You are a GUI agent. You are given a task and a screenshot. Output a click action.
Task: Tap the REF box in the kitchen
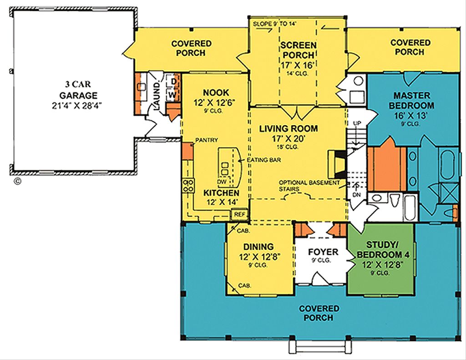[238, 214]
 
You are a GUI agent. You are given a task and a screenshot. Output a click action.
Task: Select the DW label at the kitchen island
[222, 181]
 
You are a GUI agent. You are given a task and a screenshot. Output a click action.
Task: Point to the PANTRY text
[206, 140]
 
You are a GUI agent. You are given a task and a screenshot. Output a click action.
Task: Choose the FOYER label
[323, 252]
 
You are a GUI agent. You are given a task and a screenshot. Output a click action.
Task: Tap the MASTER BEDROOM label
[412, 100]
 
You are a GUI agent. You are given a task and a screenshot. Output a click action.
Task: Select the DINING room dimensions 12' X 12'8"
[259, 257]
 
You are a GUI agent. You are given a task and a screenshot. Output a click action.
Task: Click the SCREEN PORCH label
[298, 50]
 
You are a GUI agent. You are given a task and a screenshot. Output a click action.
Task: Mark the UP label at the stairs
[357, 123]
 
